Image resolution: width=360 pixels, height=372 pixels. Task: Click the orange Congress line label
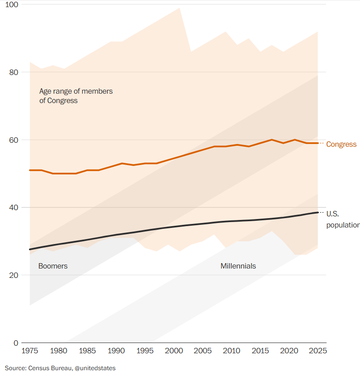341,145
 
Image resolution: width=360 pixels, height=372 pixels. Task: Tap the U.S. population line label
343,219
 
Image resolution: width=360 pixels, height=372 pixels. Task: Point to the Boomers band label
53,266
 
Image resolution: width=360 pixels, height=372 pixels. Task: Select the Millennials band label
238,266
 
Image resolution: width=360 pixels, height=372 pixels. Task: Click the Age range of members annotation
76,96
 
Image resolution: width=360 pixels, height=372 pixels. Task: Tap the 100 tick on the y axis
12,4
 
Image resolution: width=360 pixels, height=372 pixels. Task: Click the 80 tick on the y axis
13,72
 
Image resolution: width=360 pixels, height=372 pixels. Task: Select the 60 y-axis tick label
13,140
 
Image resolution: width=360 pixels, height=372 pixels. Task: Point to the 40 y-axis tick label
13,207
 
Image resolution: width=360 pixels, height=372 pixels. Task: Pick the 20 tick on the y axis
13,275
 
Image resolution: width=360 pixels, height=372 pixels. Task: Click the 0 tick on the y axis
16,343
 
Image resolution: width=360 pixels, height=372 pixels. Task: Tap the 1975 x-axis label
30,351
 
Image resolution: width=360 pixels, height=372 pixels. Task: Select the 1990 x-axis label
116,351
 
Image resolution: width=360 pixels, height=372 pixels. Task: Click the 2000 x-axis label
174,351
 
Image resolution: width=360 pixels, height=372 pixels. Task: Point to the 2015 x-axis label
260,351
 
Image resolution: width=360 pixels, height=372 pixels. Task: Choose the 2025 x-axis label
318,351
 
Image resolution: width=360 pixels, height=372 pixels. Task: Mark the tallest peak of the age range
180,8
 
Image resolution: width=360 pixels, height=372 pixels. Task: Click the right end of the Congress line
318,143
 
